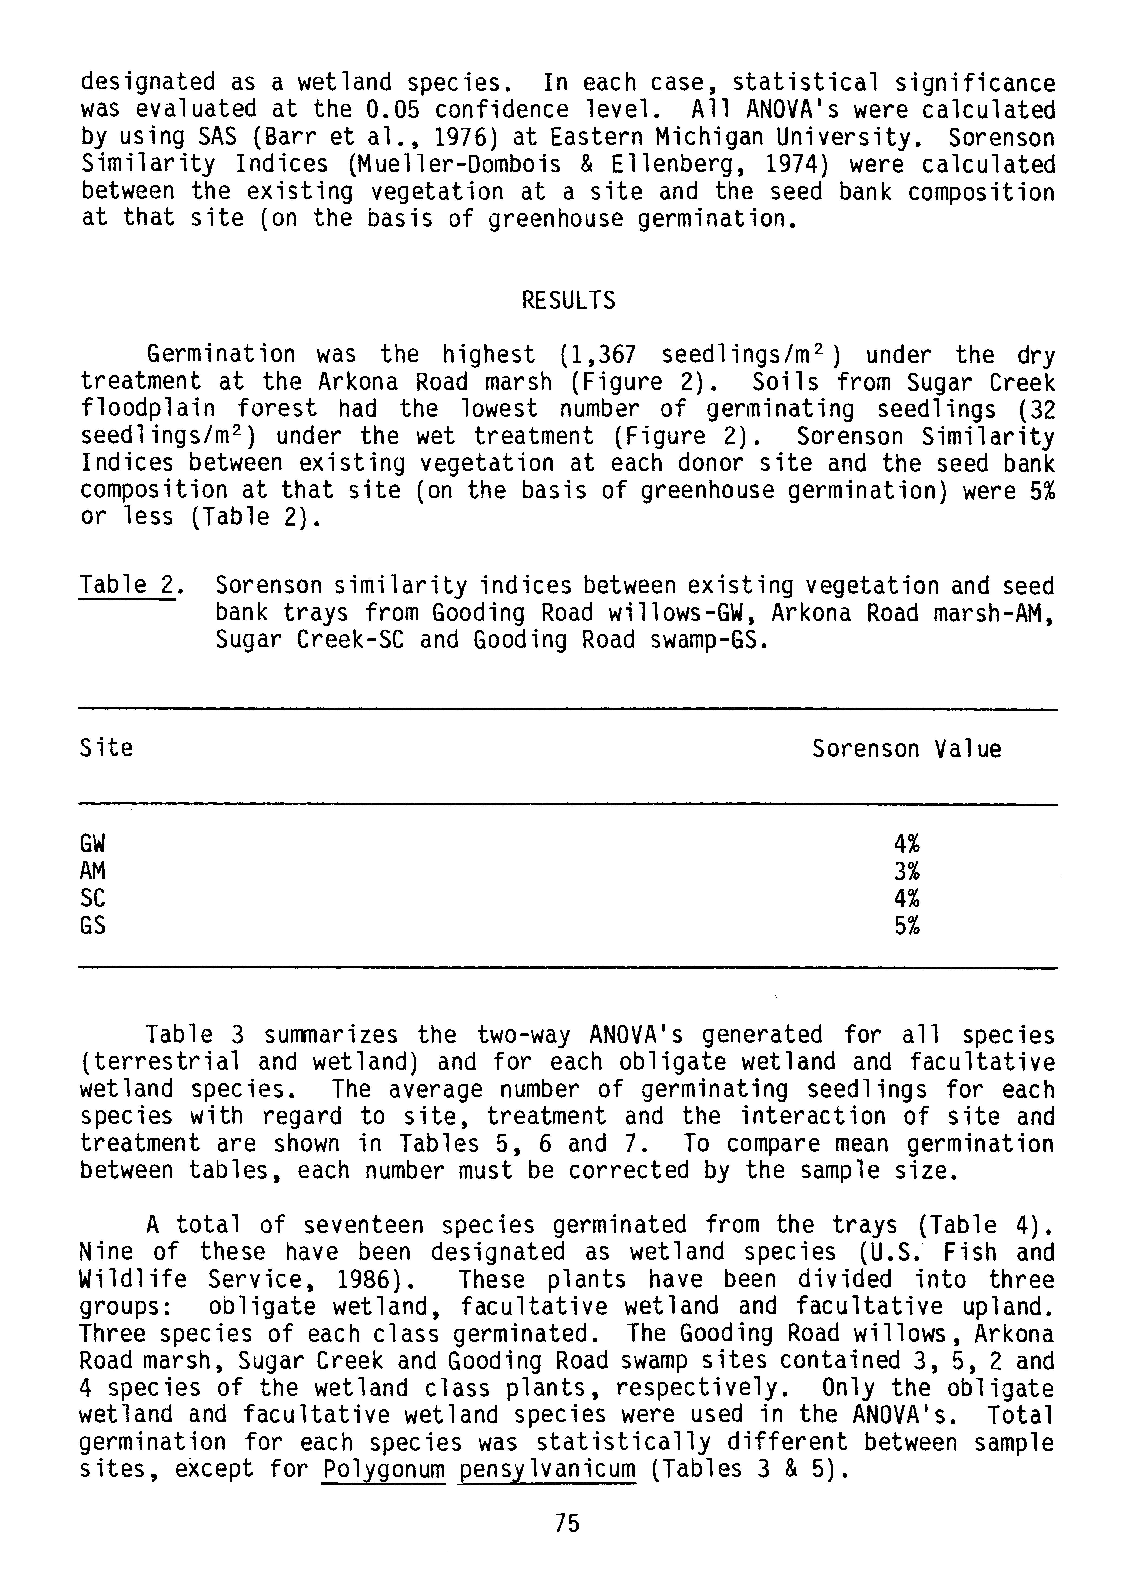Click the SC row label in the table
93,899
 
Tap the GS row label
93,926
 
